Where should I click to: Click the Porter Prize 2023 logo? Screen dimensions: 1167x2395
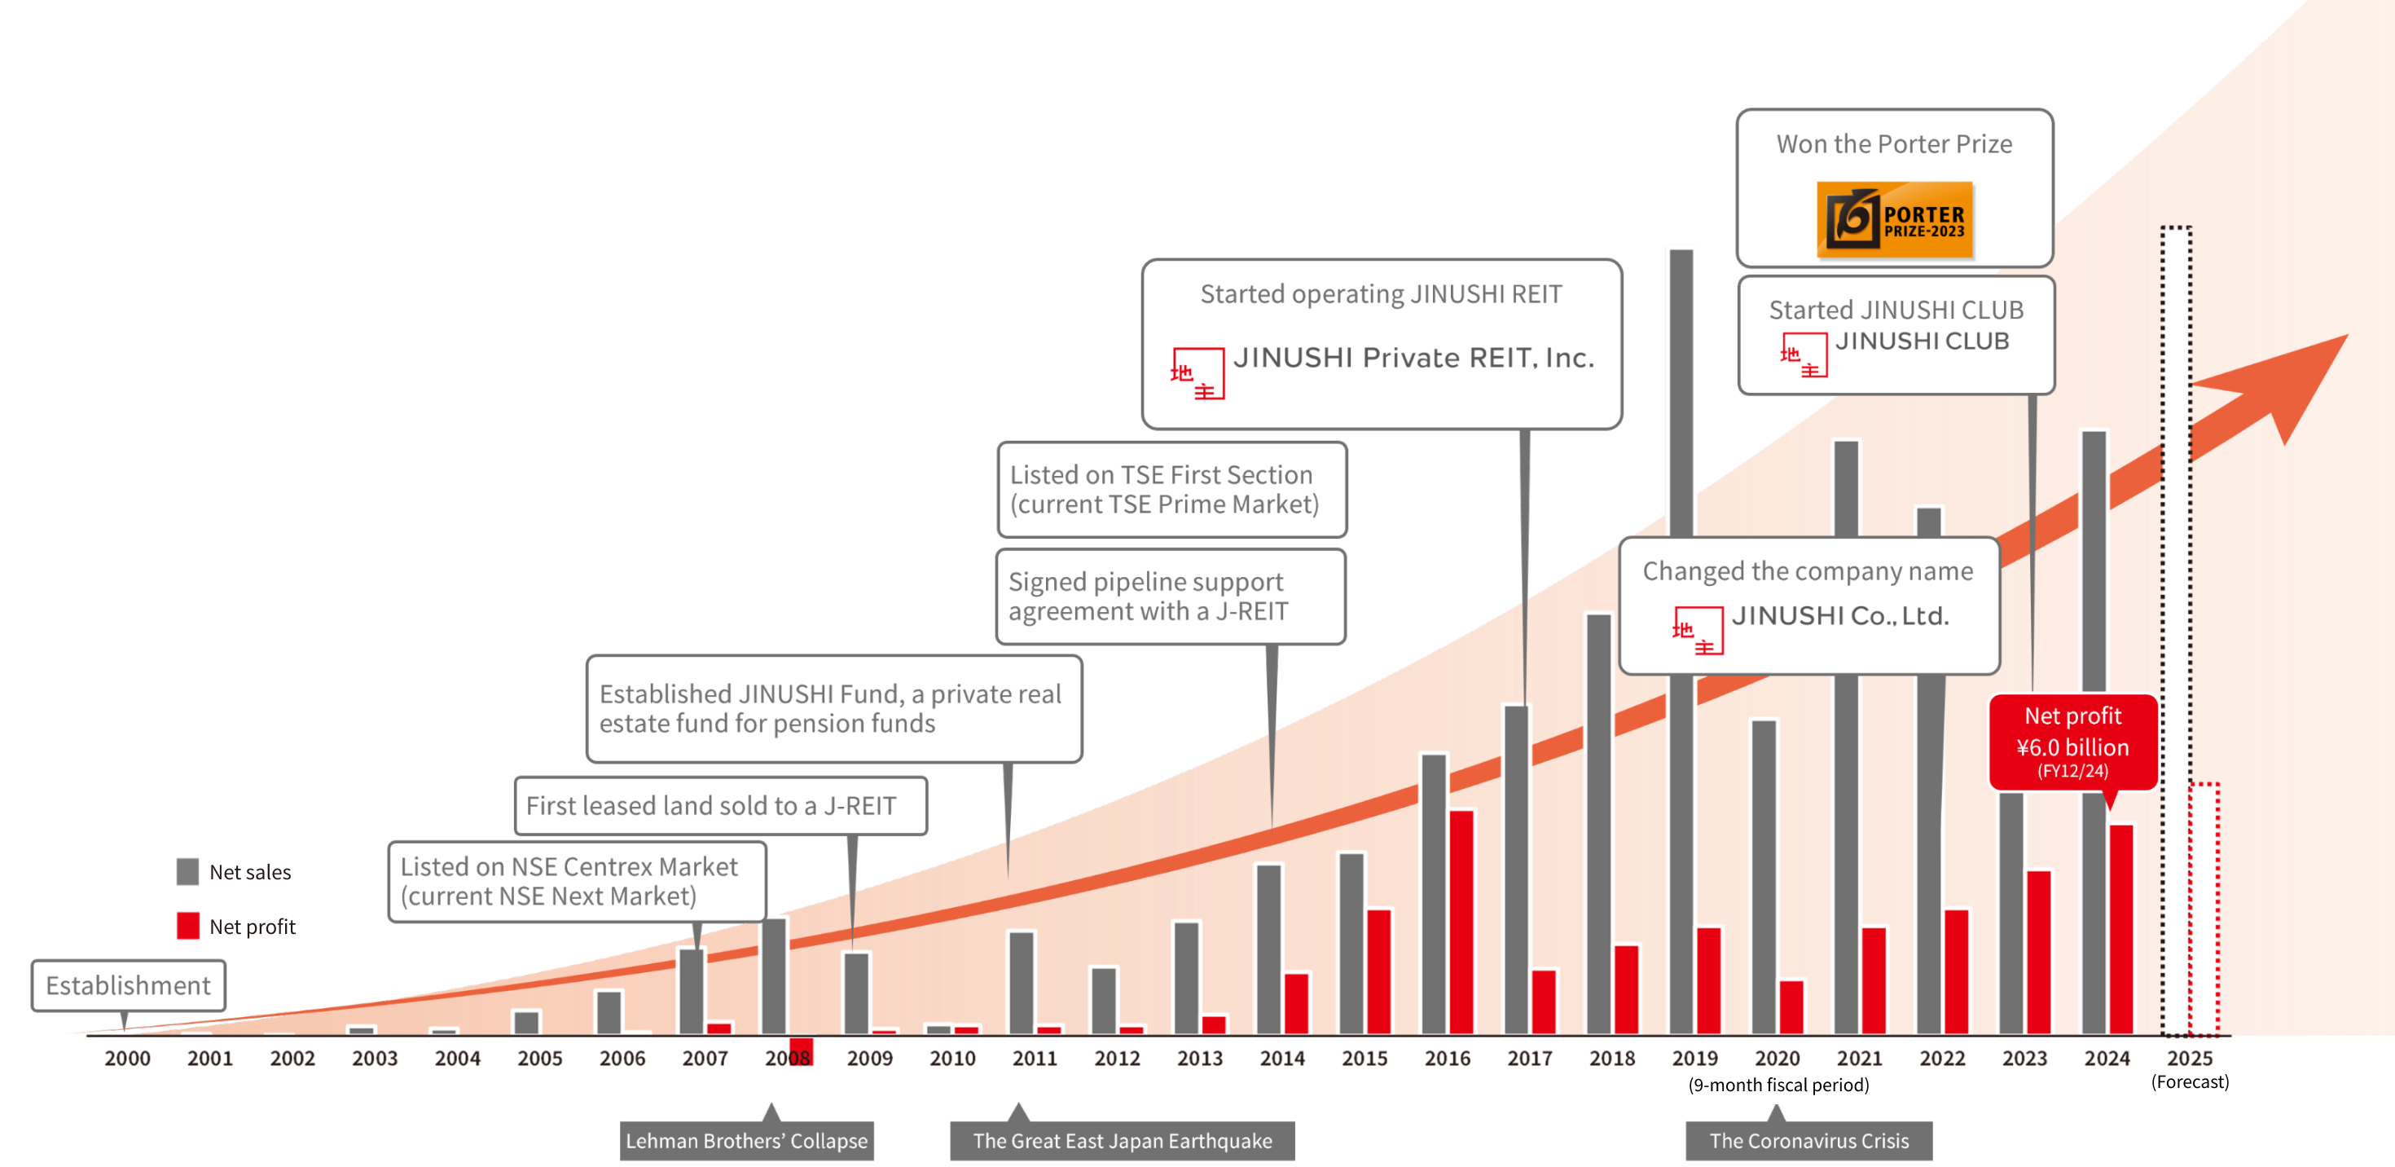(x=1894, y=219)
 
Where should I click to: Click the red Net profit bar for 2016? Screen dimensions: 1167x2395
(x=1461, y=921)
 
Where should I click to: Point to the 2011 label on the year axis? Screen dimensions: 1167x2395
(x=1034, y=1058)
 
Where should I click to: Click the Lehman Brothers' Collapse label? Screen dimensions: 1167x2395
(x=746, y=1141)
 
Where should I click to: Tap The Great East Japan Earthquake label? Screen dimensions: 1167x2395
(x=1123, y=1141)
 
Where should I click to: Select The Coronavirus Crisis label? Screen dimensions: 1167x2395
(x=1808, y=1141)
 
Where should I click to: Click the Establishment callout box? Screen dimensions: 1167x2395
(x=129, y=985)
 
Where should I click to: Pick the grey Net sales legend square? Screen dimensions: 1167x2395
(x=188, y=871)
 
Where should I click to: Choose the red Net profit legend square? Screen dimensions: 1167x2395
(x=188, y=926)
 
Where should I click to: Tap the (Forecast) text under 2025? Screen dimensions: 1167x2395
(x=2190, y=1082)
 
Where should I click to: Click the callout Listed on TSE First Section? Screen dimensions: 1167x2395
(x=1171, y=489)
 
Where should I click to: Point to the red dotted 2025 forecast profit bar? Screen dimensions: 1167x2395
(x=2204, y=907)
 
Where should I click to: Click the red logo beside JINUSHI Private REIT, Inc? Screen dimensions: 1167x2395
(x=1197, y=374)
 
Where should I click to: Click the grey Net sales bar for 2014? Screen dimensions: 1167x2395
(x=1268, y=949)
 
